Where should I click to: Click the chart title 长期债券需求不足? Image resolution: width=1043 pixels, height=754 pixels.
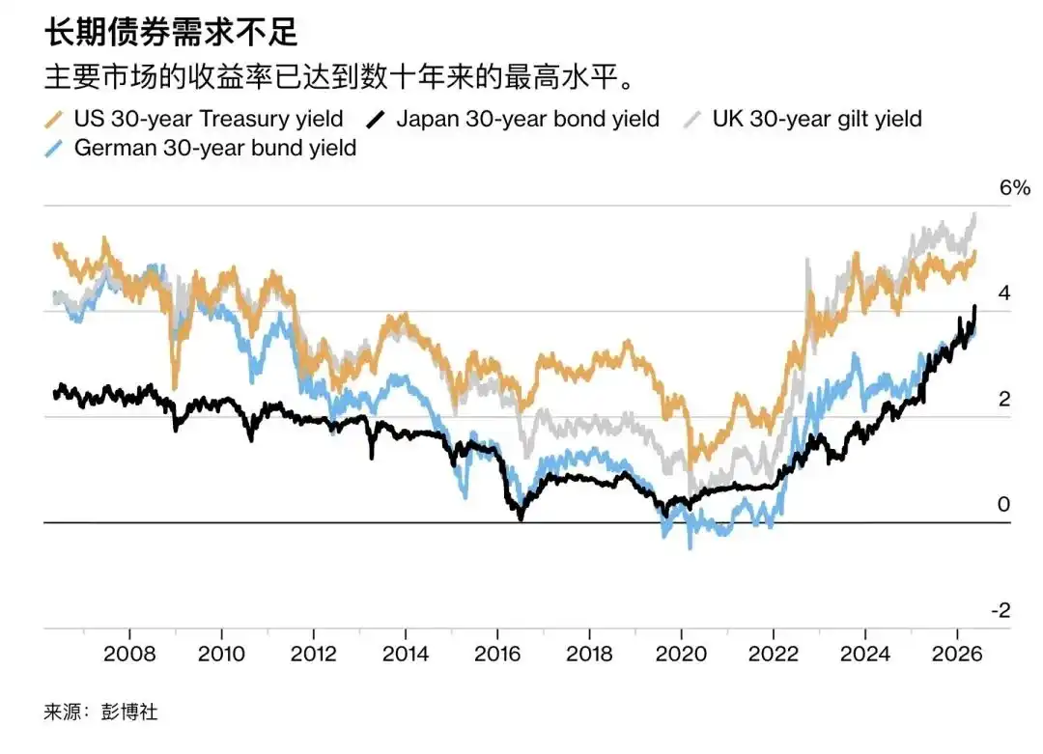click(171, 31)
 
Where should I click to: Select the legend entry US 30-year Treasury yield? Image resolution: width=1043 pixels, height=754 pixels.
click(209, 119)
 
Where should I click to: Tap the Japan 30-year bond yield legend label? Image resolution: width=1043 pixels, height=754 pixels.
click(527, 119)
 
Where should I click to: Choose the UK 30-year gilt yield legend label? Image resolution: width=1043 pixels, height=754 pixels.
click(817, 119)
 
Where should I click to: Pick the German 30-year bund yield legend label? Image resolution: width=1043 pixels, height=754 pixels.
click(214, 148)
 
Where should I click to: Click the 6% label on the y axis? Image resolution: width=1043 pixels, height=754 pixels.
click(1014, 187)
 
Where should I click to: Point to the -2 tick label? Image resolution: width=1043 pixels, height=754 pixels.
click(1001, 610)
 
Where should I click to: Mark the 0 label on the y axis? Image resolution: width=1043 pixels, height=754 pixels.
click(1003, 504)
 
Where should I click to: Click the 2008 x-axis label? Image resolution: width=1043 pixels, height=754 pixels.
click(129, 654)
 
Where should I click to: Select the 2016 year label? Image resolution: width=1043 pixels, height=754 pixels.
click(497, 654)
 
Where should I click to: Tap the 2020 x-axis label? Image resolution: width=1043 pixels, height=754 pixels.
click(681, 654)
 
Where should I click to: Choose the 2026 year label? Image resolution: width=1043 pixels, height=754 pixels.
click(956, 654)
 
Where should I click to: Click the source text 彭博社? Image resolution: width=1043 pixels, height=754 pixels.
click(129, 712)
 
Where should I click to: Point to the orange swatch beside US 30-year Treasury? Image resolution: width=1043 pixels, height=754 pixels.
click(54, 120)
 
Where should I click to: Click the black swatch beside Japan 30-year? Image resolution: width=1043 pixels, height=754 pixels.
click(376, 120)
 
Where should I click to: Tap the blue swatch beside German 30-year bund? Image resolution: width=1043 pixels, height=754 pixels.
click(54, 149)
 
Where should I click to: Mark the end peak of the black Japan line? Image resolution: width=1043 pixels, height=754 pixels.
click(974, 306)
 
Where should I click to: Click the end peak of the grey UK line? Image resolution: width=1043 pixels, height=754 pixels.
click(974, 214)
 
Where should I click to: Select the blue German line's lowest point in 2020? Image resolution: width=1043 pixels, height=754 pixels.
click(690, 547)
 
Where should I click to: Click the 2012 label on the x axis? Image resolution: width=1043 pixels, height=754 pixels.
click(313, 654)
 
